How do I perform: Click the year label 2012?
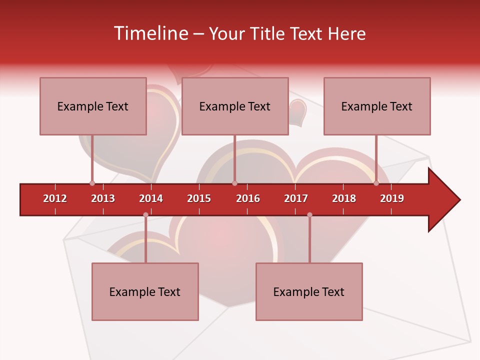[55, 198]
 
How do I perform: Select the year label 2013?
[103, 198]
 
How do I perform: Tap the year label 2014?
[151, 198]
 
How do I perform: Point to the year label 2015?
[199, 198]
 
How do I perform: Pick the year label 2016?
[248, 198]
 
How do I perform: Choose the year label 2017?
[296, 198]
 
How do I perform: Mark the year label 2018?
[344, 198]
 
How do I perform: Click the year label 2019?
[392, 198]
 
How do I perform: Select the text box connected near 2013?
[93, 106]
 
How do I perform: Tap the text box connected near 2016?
[235, 106]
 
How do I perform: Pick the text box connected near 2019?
[377, 106]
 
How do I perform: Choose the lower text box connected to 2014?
[145, 291]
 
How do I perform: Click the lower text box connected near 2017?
[309, 291]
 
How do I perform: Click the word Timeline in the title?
[150, 33]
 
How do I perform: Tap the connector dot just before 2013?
[92, 183]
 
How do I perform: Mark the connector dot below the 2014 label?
[145, 214]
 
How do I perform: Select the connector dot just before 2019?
[376, 183]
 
